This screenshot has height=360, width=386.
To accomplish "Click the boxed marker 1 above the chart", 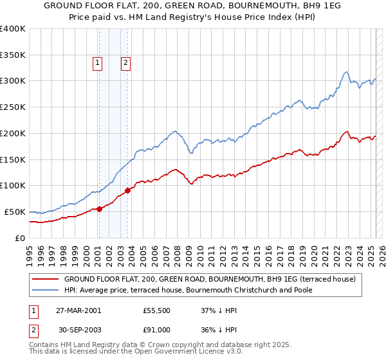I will click(96, 62).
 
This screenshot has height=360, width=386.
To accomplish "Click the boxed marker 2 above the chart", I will click(125, 62).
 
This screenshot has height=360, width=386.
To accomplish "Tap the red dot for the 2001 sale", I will click(99, 209).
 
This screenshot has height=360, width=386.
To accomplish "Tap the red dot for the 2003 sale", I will click(128, 190).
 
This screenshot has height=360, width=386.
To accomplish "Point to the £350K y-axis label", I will click(13, 55).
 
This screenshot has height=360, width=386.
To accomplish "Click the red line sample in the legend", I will click(46, 279).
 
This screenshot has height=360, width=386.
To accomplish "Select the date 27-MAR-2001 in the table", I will click(78, 310).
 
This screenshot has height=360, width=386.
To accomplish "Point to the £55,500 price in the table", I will click(157, 310).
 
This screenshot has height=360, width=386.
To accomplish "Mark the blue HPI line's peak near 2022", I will click(346, 71).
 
